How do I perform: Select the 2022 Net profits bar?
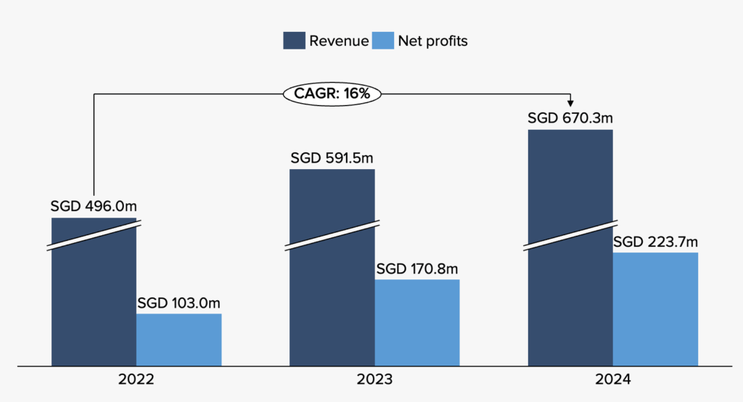click(179, 340)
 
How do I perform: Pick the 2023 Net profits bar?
click(417, 322)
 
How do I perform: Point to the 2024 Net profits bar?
click(655, 309)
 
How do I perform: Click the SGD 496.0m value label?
click(94, 206)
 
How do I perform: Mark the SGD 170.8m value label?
click(418, 269)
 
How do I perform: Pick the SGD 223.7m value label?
click(655, 242)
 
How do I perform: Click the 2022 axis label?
click(136, 380)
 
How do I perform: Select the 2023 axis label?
click(374, 380)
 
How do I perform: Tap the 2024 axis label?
click(613, 380)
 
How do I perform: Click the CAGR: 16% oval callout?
click(332, 94)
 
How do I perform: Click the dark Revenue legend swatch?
click(294, 41)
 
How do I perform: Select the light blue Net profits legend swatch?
click(382, 41)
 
